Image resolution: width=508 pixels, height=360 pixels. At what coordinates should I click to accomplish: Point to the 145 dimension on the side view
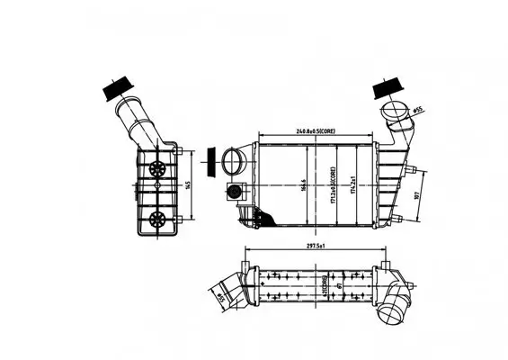tap(188, 184)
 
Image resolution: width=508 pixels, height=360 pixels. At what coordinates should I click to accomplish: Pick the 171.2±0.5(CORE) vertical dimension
tap(334, 184)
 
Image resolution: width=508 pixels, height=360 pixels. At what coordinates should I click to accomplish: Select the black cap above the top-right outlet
tap(387, 89)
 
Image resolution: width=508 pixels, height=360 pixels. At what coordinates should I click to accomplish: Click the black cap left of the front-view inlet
tap(212, 164)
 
